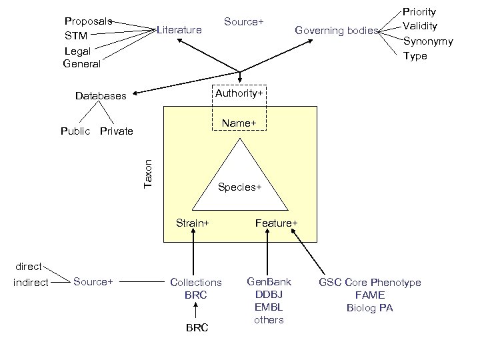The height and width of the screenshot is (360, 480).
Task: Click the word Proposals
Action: click(88, 21)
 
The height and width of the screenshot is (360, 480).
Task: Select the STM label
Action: click(76, 35)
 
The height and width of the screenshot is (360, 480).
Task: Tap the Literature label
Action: click(179, 30)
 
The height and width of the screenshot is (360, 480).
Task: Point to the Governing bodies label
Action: click(336, 30)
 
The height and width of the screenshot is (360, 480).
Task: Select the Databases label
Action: click(100, 96)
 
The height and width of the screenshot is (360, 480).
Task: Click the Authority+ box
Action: click(239, 93)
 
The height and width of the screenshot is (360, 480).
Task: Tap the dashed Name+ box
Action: click(239, 123)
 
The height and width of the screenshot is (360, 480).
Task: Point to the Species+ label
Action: click(239, 187)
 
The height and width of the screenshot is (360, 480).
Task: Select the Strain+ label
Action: click(192, 223)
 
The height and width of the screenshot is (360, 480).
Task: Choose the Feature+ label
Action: click(276, 223)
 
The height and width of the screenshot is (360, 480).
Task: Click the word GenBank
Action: click(269, 282)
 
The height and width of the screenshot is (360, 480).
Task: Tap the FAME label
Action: click(369, 295)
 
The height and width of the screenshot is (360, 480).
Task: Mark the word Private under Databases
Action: click(116, 131)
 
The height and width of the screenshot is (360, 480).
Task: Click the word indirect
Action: click(31, 283)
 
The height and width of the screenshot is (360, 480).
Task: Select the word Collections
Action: click(196, 283)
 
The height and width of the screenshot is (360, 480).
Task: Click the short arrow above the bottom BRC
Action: click(195, 310)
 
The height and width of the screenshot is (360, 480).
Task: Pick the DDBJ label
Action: click(269, 295)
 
